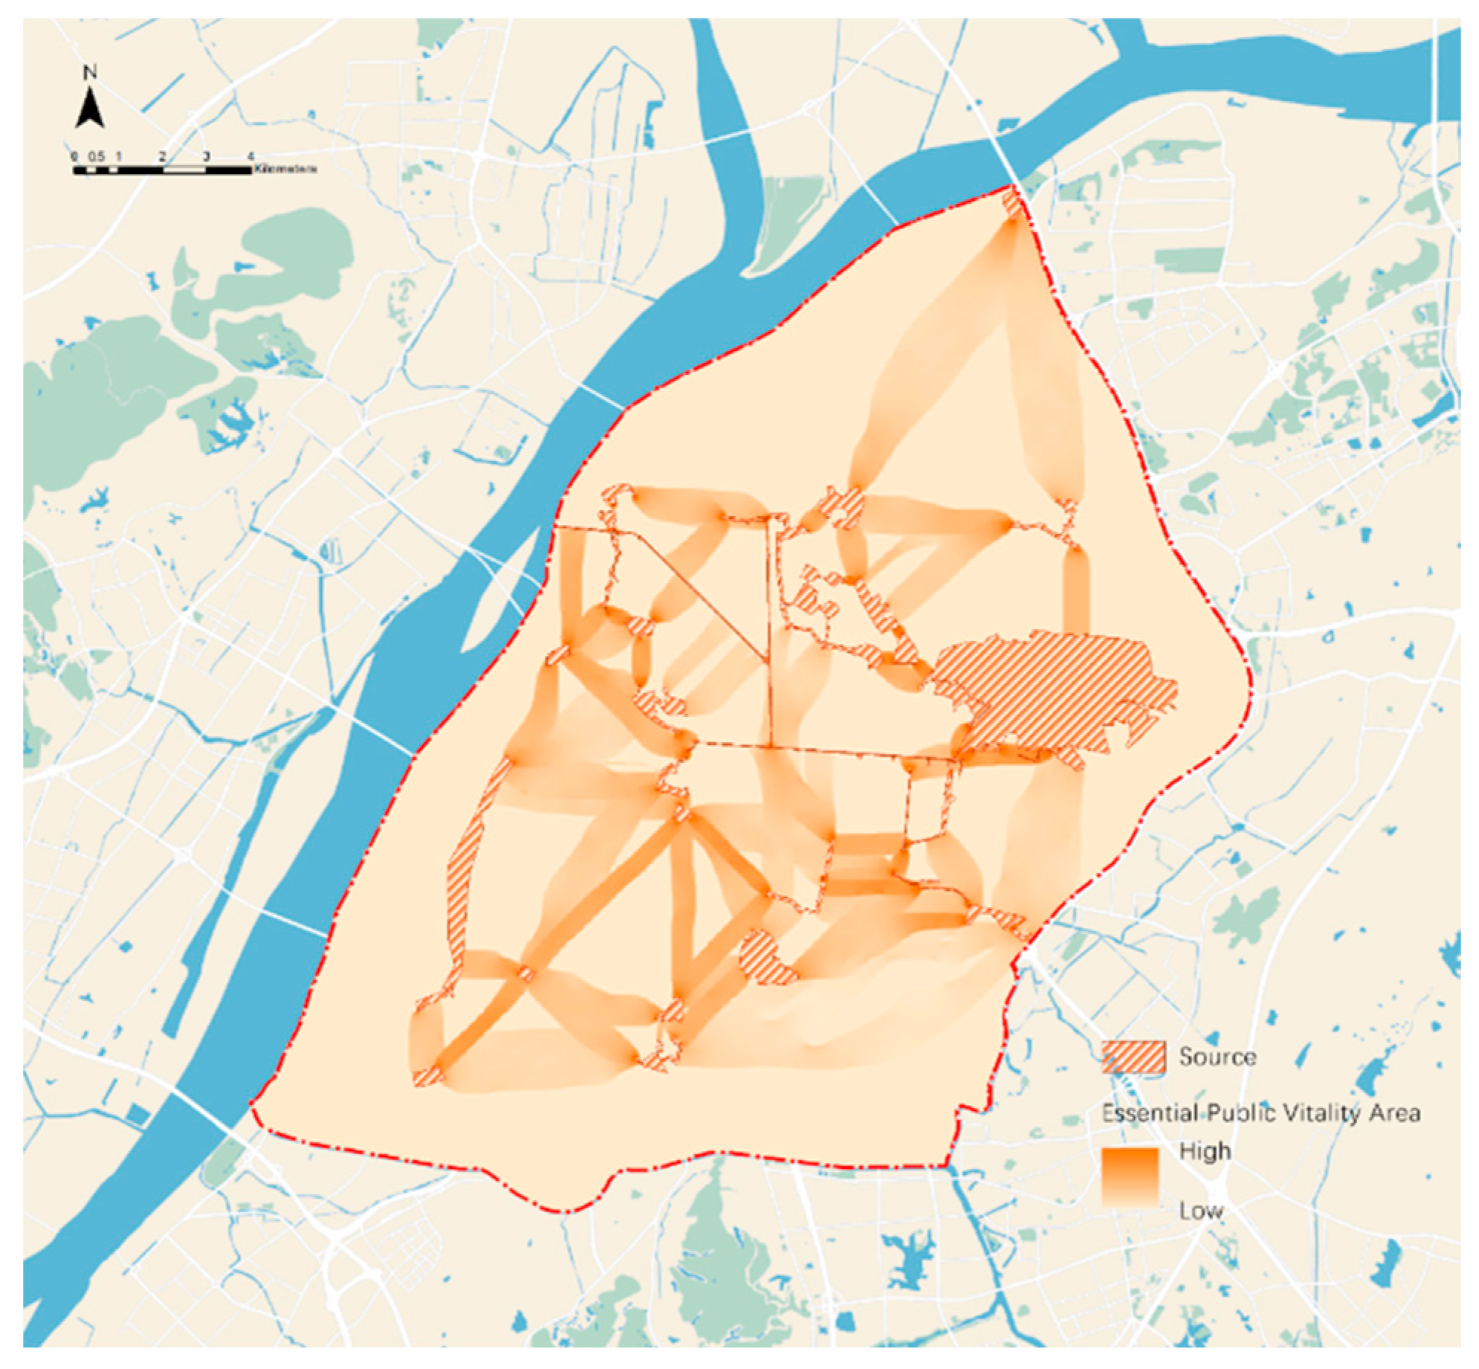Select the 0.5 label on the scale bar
click(96, 157)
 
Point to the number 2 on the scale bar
click(161, 157)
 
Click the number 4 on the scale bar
click(250, 157)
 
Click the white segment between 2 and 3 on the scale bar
click(184, 170)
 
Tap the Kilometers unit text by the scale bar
click(285, 170)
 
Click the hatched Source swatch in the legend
click(1133, 1057)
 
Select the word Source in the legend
click(1216, 1057)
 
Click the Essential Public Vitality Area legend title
click(1260, 1113)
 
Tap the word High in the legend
click(1205, 1152)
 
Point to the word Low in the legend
click(1200, 1211)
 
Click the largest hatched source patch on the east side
click(1055, 699)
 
